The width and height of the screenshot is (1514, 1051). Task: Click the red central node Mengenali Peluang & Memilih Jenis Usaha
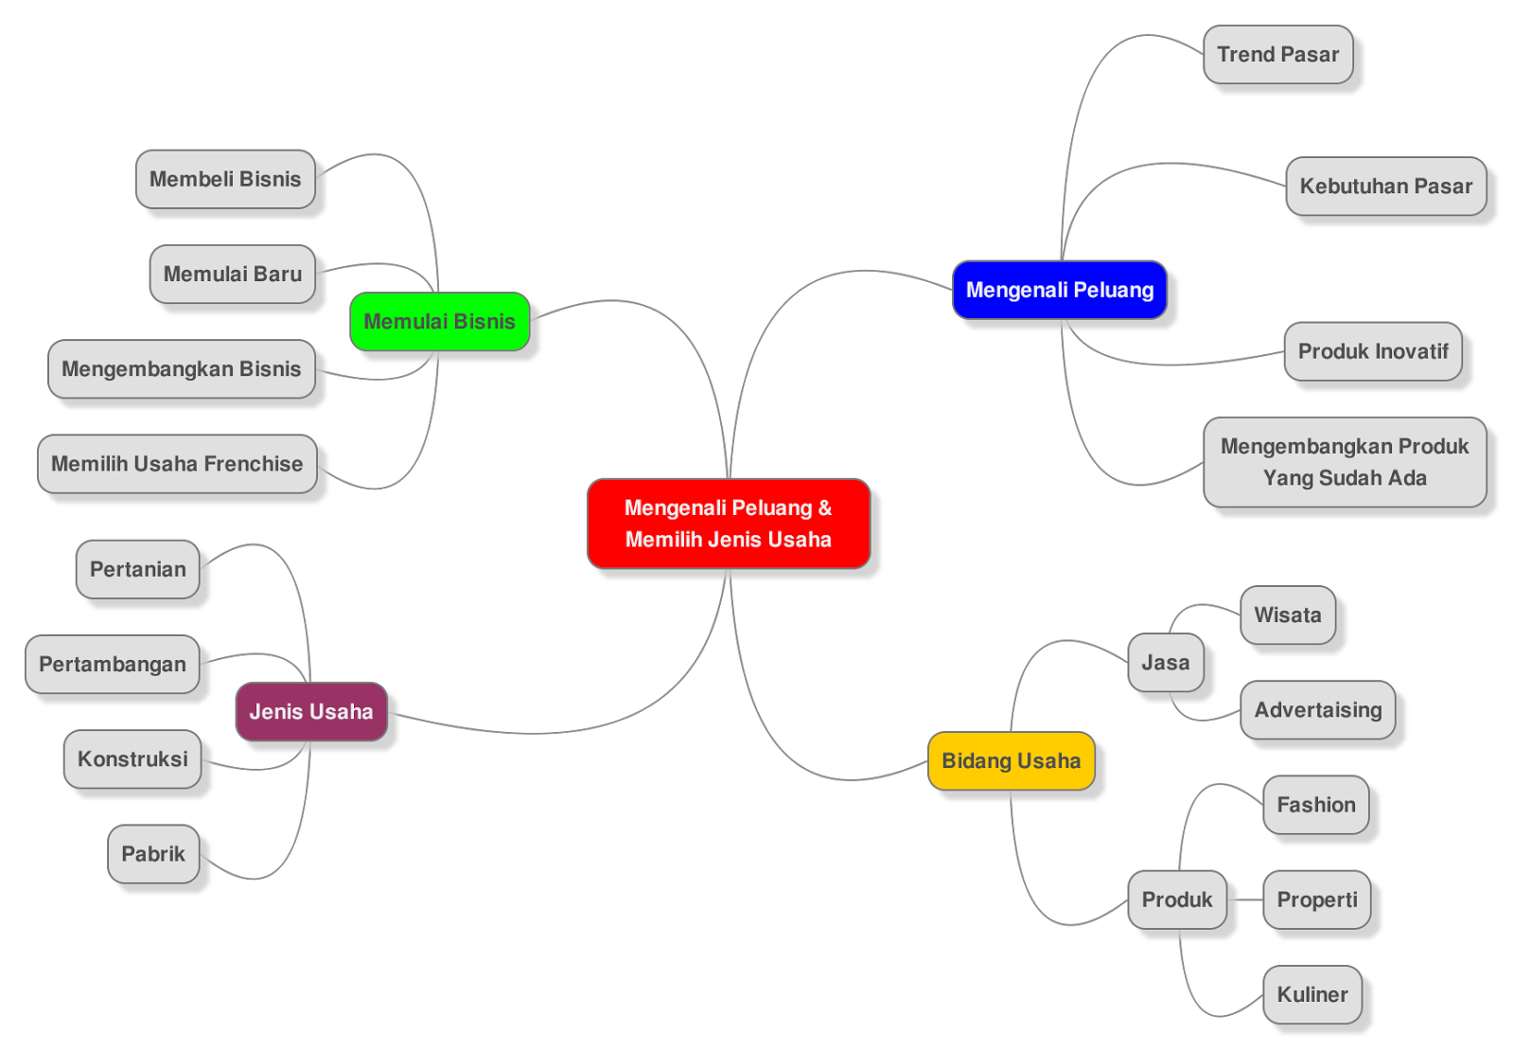(x=728, y=524)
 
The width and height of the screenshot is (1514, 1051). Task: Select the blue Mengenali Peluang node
(x=1059, y=290)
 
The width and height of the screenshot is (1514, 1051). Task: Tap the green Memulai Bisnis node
(x=439, y=321)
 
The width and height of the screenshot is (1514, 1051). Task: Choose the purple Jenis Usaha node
(x=310, y=711)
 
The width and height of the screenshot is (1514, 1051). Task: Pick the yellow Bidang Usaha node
(x=1011, y=760)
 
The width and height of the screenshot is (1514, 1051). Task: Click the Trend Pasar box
(x=1277, y=54)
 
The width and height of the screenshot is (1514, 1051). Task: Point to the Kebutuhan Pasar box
(x=1385, y=186)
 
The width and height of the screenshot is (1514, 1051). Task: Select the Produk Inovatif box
(x=1372, y=351)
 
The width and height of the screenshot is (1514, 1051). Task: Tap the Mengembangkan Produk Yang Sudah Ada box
(x=1344, y=462)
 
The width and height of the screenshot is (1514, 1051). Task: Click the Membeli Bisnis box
(x=225, y=179)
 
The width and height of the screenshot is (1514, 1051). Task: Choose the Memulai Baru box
(x=232, y=274)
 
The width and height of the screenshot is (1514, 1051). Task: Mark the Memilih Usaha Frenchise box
(x=177, y=464)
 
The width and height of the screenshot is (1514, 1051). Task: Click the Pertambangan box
(x=112, y=664)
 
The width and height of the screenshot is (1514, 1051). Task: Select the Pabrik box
(x=152, y=854)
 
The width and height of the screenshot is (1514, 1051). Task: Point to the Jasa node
(x=1165, y=662)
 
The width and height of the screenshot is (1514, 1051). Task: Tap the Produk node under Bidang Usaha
(x=1176, y=900)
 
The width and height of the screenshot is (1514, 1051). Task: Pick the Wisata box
(x=1287, y=615)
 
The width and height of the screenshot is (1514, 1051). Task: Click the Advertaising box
(x=1317, y=710)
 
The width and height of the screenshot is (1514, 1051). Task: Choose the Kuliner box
(x=1312, y=994)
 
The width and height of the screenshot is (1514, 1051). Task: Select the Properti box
(x=1316, y=900)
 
